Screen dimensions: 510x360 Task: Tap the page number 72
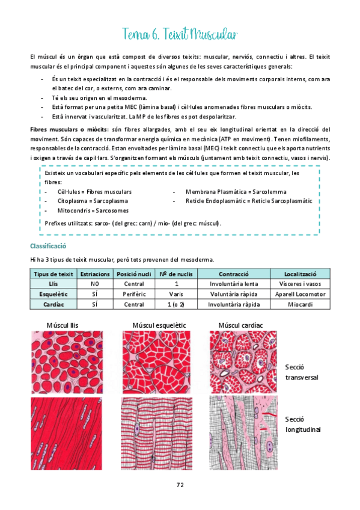click(x=180, y=485)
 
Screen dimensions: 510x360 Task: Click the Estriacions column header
click(x=94, y=274)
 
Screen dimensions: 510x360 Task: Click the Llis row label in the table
click(x=53, y=284)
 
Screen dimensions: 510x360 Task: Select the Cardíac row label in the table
click(x=53, y=304)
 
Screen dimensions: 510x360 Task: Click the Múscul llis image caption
click(x=63, y=325)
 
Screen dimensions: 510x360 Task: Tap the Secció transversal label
click(x=301, y=372)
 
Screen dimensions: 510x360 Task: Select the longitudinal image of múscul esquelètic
click(x=159, y=433)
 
